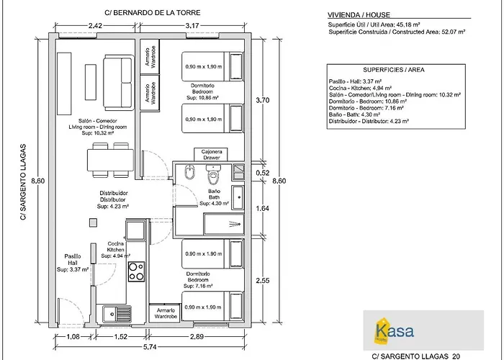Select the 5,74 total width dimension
click(150, 346)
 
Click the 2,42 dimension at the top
click(94, 26)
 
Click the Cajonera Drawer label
click(210, 155)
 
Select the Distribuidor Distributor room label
click(113, 199)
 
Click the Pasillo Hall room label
click(72, 263)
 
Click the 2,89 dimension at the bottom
click(197, 336)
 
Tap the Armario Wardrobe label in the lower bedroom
click(166, 313)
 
